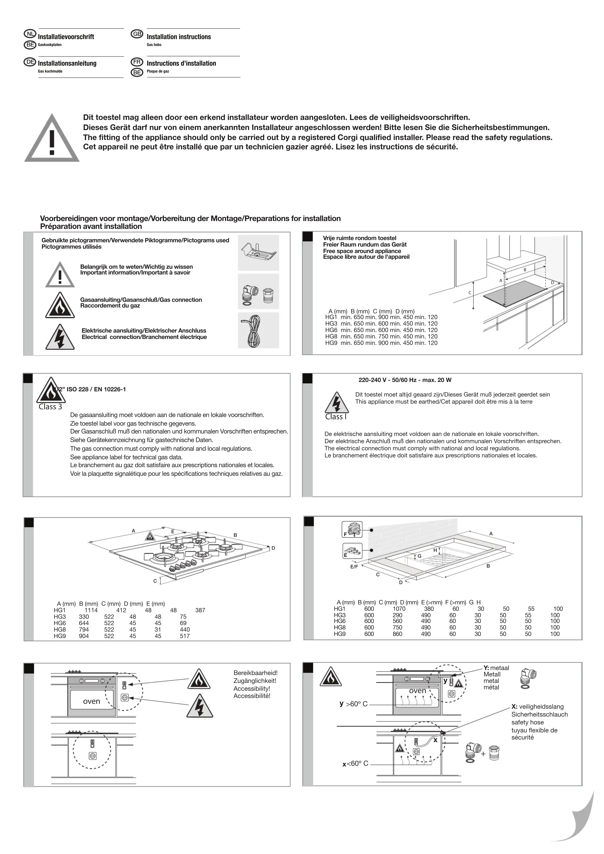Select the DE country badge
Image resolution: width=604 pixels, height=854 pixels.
coord(30,62)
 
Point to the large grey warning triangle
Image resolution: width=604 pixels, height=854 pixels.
coord(52,138)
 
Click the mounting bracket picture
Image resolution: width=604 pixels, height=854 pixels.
coord(258,253)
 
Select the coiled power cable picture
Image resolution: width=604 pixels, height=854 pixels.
coord(258,330)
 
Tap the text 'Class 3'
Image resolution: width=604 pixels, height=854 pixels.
coord(50,407)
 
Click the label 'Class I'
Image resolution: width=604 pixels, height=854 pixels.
coord(336,417)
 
